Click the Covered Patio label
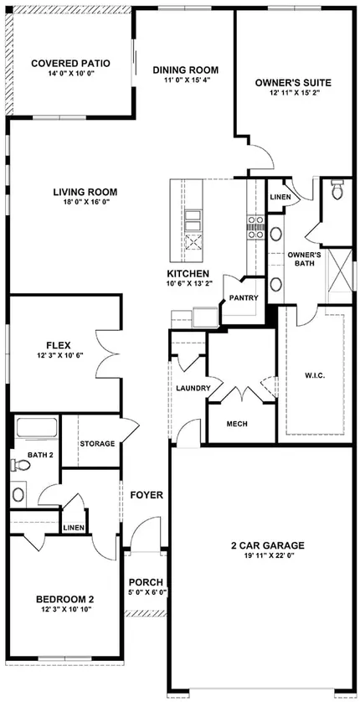[x=70, y=63]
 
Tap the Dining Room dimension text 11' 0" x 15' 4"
[x=186, y=80]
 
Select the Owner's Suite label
[x=293, y=83]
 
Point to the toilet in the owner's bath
[x=337, y=189]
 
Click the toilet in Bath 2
[x=21, y=465]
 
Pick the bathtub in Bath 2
[x=37, y=427]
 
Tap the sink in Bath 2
[x=18, y=494]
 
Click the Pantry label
[x=244, y=297]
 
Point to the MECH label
[x=237, y=424]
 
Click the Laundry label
[x=193, y=388]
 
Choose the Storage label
[x=97, y=444]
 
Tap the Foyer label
[x=147, y=495]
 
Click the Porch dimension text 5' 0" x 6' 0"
[x=146, y=591]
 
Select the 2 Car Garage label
[x=268, y=545]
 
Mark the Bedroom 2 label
[x=64, y=600]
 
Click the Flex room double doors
[x=108, y=355]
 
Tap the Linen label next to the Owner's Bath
[x=280, y=197]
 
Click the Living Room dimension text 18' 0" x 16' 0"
[x=85, y=202]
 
